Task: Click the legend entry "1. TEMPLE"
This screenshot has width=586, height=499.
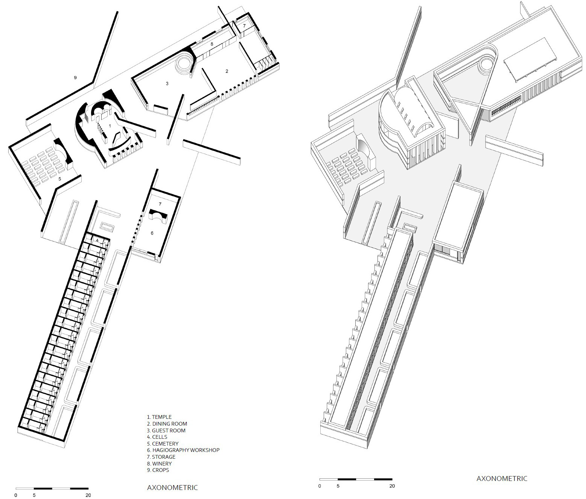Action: [159, 417]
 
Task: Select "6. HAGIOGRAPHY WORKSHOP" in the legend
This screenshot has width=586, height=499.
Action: [183, 450]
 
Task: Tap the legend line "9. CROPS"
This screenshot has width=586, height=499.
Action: [158, 470]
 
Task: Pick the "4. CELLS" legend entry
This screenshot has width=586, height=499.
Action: [157, 437]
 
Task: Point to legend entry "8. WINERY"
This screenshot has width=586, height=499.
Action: [160, 464]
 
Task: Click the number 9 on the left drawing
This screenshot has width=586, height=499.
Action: [75, 78]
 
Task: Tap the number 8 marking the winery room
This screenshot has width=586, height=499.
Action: [212, 44]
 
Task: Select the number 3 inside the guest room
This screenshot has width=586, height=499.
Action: [167, 84]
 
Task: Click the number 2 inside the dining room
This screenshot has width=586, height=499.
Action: [227, 71]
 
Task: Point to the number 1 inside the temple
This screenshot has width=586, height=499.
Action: [110, 126]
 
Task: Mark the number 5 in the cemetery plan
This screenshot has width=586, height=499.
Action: [60, 179]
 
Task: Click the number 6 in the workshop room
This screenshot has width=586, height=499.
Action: [152, 233]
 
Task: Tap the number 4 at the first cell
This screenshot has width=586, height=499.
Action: [97, 240]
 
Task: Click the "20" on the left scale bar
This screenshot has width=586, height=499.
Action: [88, 495]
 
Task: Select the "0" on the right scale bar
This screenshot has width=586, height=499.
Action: [320, 486]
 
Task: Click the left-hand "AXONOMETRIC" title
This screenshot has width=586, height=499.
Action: [172, 488]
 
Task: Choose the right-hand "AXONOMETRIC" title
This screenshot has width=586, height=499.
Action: [502, 479]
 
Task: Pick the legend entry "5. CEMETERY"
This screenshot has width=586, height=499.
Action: [163, 444]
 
